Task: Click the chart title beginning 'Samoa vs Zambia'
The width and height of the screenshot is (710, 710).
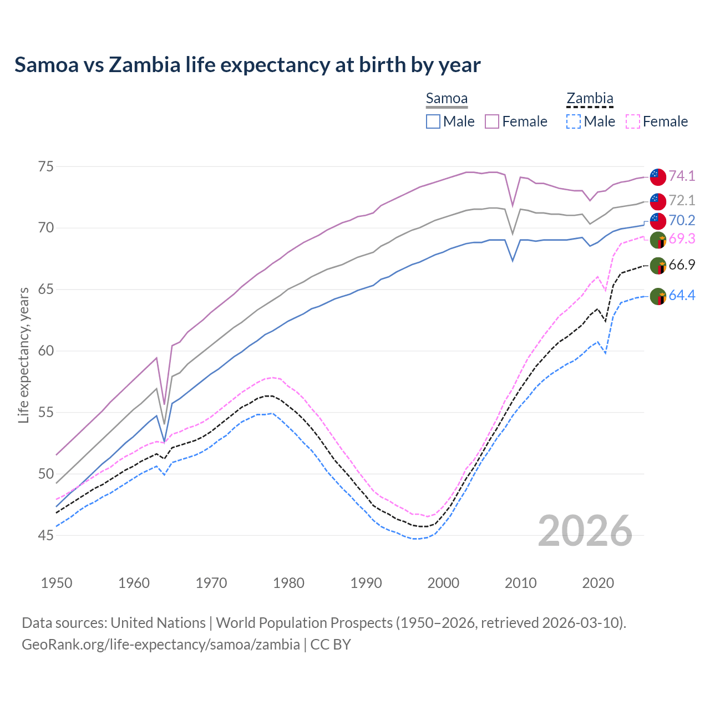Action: tap(247, 65)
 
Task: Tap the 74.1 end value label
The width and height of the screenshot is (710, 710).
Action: tap(682, 176)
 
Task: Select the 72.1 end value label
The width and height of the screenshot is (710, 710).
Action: tap(682, 200)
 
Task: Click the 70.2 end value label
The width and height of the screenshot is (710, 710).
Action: tap(682, 220)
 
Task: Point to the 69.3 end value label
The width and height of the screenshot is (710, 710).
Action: tap(682, 239)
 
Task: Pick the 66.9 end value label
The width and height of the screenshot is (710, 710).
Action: tap(682, 265)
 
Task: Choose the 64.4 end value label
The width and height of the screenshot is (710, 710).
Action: tap(682, 296)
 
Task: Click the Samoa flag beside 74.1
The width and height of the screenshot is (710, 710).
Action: tap(658, 176)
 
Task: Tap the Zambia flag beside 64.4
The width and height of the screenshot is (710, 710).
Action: tap(658, 296)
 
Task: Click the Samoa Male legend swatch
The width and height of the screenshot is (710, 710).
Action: tap(433, 121)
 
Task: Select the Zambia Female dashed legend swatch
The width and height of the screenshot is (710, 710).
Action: tap(633, 121)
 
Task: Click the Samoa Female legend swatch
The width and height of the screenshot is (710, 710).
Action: tap(492, 121)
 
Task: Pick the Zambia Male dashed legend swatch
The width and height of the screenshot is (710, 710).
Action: tap(574, 121)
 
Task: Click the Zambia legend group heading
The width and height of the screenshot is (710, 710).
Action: tap(590, 99)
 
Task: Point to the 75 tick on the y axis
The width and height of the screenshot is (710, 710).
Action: tap(46, 166)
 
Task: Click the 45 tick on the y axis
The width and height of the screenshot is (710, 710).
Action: tap(46, 535)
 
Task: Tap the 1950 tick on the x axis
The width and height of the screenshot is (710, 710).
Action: tap(57, 583)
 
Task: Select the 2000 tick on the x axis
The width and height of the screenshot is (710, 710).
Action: tap(443, 583)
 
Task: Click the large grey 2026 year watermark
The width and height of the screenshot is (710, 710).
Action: tap(585, 531)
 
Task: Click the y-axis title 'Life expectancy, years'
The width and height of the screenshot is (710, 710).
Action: tap(24, 355)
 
